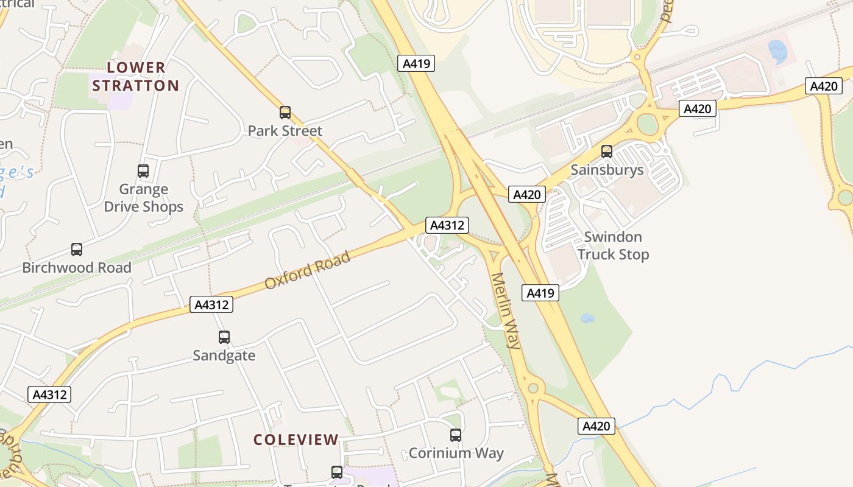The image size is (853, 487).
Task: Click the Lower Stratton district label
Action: coord(136,76)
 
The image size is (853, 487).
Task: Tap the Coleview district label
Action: coord(296,439)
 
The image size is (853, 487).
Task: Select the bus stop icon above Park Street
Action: coord(285,112)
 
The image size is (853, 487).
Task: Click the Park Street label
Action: coord(285,130)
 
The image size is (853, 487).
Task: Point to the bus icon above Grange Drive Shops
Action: coord(143,171)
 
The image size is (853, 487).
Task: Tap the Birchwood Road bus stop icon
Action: coord(77,249)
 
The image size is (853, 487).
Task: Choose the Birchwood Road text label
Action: coord(77,267)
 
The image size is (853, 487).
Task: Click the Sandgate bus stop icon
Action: coord(224,337)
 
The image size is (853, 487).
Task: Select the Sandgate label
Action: coord(224,355)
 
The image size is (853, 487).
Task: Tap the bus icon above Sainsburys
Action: coord(607,151)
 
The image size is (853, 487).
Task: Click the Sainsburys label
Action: coord(607,169)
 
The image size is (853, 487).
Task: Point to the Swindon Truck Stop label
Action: coord(613,245)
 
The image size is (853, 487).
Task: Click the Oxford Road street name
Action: coord(308,270)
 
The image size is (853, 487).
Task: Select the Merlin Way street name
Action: coord(506,310)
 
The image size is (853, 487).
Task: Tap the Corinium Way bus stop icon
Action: coord(456,435)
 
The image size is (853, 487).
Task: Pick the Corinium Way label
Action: coord(456,453)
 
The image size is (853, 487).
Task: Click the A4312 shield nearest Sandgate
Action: coord(211,304)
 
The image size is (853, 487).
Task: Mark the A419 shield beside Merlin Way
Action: coord(540,293)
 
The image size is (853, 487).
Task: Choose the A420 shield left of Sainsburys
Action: coord(527,194)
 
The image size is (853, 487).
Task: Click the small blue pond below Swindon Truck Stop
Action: coord(587,318)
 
